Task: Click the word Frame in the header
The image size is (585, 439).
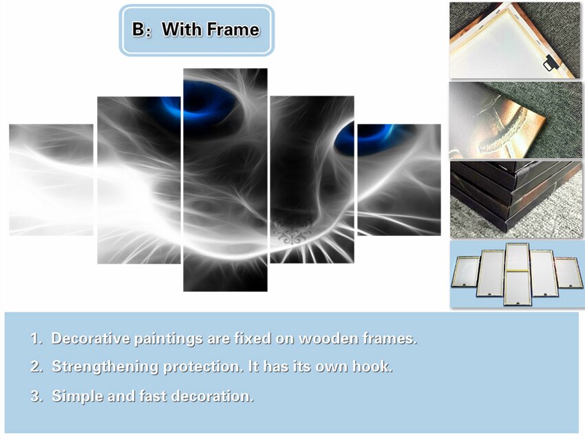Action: pos(233,30)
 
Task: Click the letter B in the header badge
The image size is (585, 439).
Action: pos(138,30)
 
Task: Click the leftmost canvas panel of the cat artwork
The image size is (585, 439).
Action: pos(51,180)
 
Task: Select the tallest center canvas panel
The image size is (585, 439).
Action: pos(225,180)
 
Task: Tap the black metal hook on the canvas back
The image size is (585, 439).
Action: pos(550,63)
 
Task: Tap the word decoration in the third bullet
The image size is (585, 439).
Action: pos(213,396)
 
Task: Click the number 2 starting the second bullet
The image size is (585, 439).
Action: pos(35,367)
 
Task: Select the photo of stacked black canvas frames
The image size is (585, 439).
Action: pos(516,200)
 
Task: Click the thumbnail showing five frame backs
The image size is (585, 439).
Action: pos(517,274)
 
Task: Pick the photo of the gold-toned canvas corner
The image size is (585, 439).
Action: pos(515,120)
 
